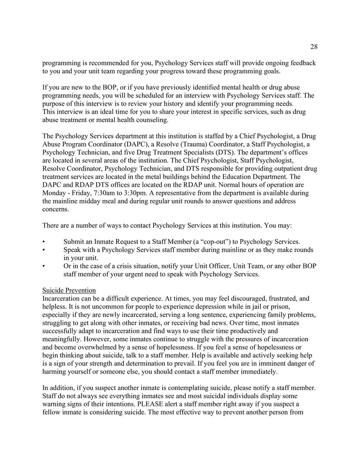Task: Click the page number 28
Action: click(314, 46)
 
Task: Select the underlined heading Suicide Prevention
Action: click(69, 290)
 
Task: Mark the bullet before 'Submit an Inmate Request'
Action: click(44, 241)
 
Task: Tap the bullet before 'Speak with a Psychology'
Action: click(44, 250)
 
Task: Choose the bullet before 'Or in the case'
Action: click(44, 266)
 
